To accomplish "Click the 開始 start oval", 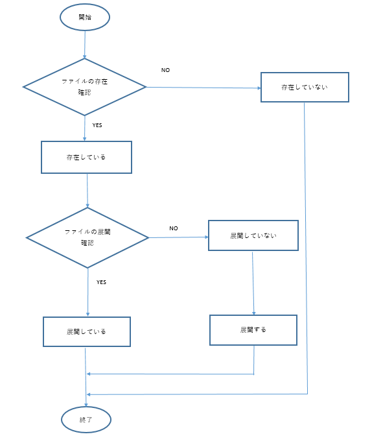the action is [x=85, y=18].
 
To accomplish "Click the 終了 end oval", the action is [x=86, y=420].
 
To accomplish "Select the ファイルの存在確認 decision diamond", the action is [x=84, y=87].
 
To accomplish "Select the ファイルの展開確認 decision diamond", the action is [x=87, y=237].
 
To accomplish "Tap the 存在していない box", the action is [x=305, y=87].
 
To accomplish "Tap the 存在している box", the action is [x=86, y=157].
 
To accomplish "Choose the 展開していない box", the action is [x=253, y=235].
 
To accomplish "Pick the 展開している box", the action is [x=87, y=331].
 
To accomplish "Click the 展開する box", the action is [x=253, y=330].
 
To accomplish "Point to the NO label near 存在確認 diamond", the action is [x=165, y=70].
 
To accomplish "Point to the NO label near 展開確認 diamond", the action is [x=174, y=228].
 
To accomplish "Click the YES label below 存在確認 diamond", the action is [x=97, y=125].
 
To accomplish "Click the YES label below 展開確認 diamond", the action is [x=101, y=282].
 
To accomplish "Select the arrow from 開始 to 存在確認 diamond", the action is [x=85, y=45].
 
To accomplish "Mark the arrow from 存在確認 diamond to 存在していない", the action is [x=203, y=88].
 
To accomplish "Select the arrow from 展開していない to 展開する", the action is [x=253, y=283].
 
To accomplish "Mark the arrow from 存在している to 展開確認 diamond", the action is [x=87, y=191].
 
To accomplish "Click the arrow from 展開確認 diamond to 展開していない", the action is [x=178, y=237].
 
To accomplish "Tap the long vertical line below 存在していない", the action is [x=306, y=248].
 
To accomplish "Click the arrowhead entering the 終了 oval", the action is [x=86, y=405].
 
